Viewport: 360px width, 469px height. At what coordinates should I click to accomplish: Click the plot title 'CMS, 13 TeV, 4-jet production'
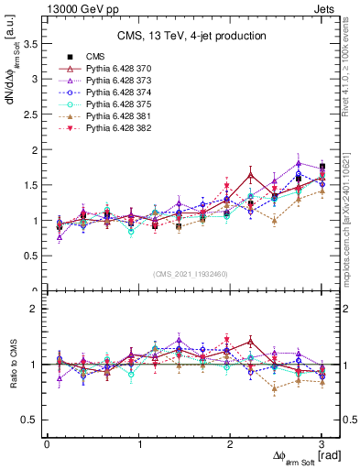pos(191,36)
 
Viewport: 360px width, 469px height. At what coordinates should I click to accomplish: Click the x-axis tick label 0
pos(47,444)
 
